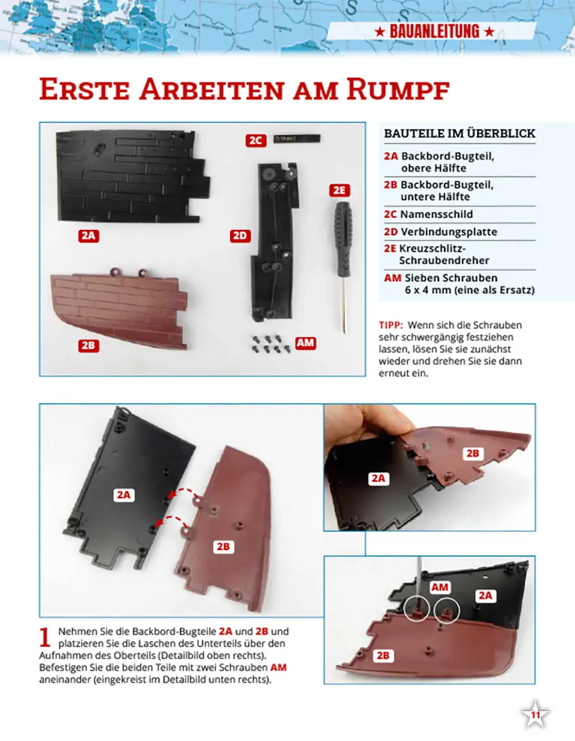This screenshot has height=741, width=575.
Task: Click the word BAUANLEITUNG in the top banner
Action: coord(434,32)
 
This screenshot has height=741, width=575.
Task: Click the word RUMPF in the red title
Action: coord(397,89)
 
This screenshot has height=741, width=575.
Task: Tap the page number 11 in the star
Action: coord(535,715)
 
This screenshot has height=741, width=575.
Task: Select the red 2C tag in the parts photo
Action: coord(256,141)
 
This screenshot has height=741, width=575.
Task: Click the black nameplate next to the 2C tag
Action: coord(296,139)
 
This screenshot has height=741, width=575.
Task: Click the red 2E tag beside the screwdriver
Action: coord(339,190)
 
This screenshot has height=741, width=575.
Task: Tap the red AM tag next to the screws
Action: coord(305,343)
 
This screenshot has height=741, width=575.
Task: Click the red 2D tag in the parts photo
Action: coord(240,236)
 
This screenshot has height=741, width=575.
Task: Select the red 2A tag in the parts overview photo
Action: coord(88,236)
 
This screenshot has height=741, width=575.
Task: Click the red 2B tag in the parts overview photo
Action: coord(88,346)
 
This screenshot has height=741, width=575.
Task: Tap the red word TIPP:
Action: coord(391,325)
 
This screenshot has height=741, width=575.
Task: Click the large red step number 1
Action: coord(45,637)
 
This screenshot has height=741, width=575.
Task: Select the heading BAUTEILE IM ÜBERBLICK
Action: coord(460,134)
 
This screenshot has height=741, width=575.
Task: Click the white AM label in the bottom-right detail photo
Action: coord(440,588)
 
